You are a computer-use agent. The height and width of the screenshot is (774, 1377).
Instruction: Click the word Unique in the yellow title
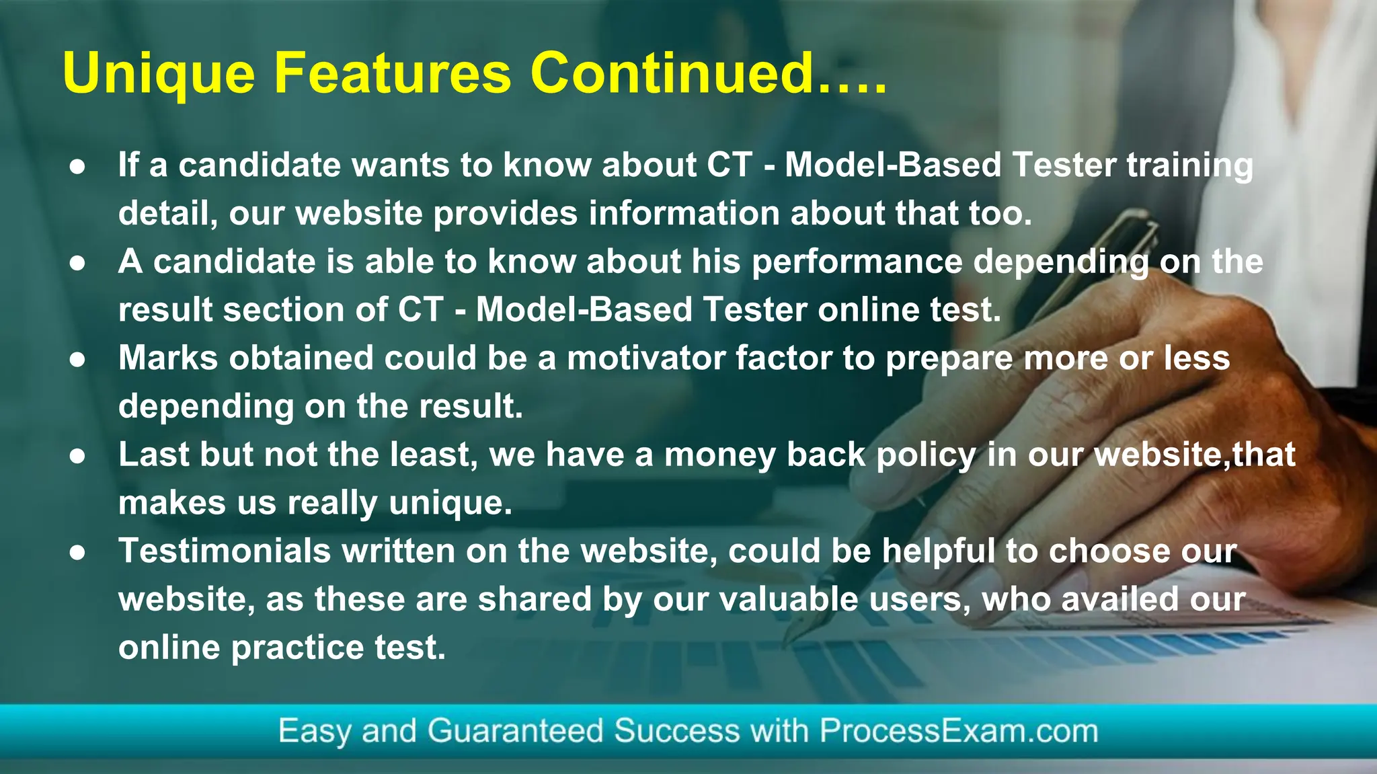159,74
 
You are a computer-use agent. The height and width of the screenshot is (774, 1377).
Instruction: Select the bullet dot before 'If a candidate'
77,166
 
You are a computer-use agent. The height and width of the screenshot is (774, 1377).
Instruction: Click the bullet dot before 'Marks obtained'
77,359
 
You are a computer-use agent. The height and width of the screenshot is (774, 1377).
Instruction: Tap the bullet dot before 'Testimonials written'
77,552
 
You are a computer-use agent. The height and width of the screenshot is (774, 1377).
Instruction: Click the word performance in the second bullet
856,262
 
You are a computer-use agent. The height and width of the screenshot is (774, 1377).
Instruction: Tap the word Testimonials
225,551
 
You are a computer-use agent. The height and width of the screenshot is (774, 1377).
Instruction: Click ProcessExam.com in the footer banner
958,731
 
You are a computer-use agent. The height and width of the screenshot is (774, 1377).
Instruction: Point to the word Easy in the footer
314,731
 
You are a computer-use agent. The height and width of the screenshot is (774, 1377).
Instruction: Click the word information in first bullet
684,214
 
